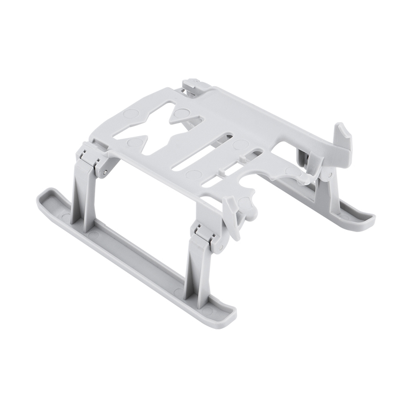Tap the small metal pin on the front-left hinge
click(x=104, y=173)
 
